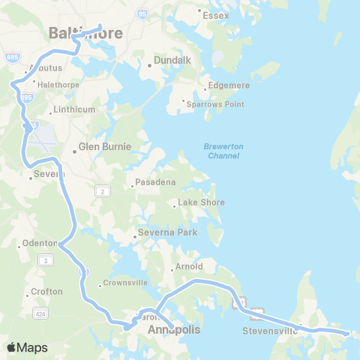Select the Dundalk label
click(x=173, y=60)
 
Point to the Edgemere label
click(x=228, y=85)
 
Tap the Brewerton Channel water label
click(x=221, y=151)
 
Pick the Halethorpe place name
click(x=57, y=85)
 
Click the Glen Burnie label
click(x=105, y=147)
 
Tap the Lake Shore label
click(x=200, y=202)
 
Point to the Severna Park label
click(x=167, y=232)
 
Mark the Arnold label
click(x=188, y=266)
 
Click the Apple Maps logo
click(x=27, y=347)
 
